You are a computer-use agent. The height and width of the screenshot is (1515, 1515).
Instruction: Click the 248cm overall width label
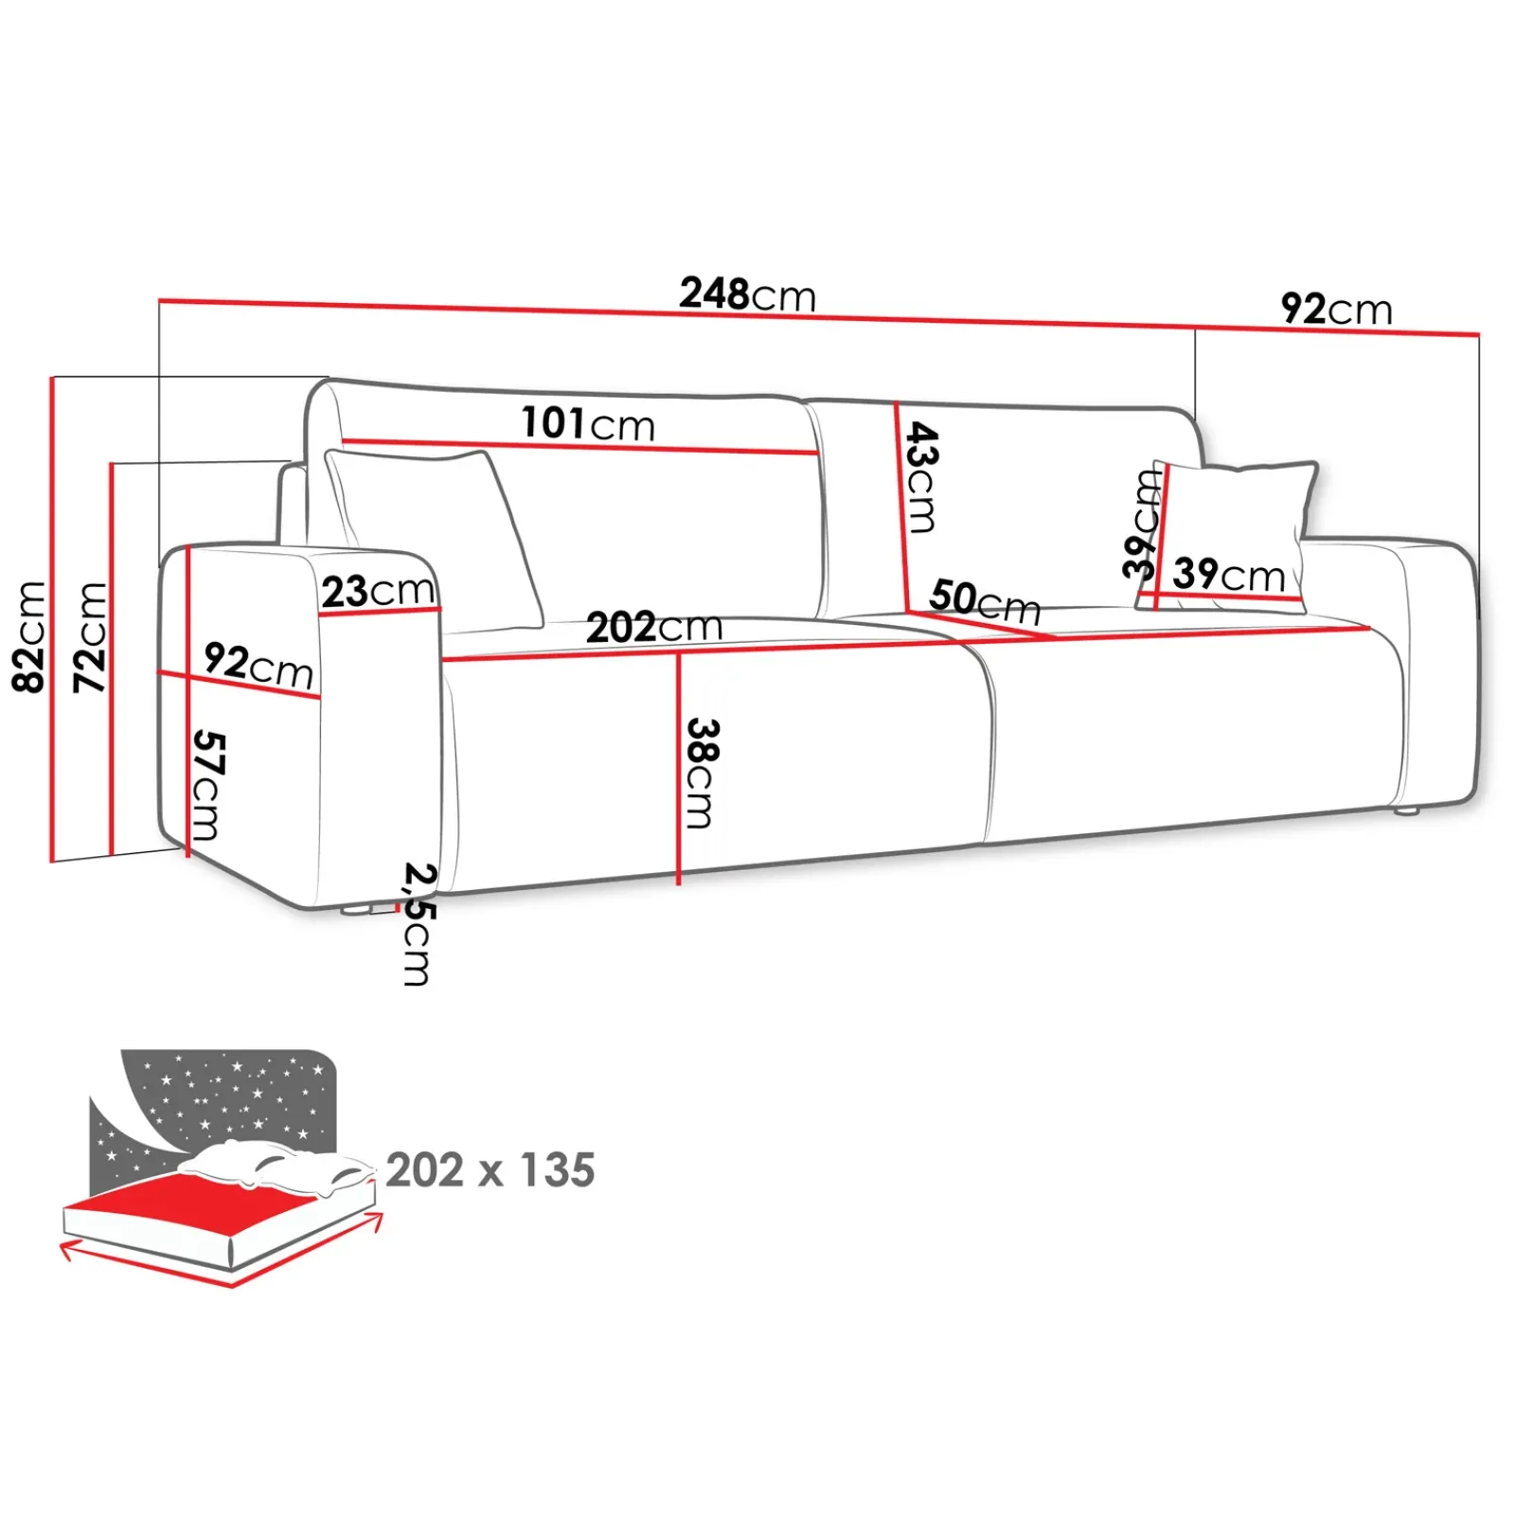pos(747,294)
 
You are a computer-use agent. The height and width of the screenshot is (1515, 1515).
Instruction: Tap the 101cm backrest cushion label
pos(588,423)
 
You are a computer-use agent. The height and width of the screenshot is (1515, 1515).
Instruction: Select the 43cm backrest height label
pos(920,477)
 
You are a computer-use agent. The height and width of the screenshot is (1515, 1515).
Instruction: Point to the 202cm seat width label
pos(653,627)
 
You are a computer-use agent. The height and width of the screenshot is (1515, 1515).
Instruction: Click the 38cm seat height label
pos(702,773)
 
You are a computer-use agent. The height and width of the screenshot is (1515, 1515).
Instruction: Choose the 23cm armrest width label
pos(377,592)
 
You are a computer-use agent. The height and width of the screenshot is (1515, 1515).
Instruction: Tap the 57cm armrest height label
pos(207,785)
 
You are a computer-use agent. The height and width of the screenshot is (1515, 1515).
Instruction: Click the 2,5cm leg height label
pos(418,923)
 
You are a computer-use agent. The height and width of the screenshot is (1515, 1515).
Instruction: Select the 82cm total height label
pos(30,636)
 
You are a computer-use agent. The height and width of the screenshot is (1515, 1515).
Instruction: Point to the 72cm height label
pos(91,636)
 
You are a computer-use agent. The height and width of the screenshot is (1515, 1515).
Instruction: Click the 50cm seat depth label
pos(984,600)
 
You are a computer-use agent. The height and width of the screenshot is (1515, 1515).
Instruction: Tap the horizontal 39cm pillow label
pos(1228,574)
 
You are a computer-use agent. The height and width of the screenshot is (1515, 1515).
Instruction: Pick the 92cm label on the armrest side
pos(258,665)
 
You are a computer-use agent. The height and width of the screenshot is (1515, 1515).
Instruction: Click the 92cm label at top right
pos(1336,310)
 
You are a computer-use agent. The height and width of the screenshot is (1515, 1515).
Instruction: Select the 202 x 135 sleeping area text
pos(490,1170)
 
